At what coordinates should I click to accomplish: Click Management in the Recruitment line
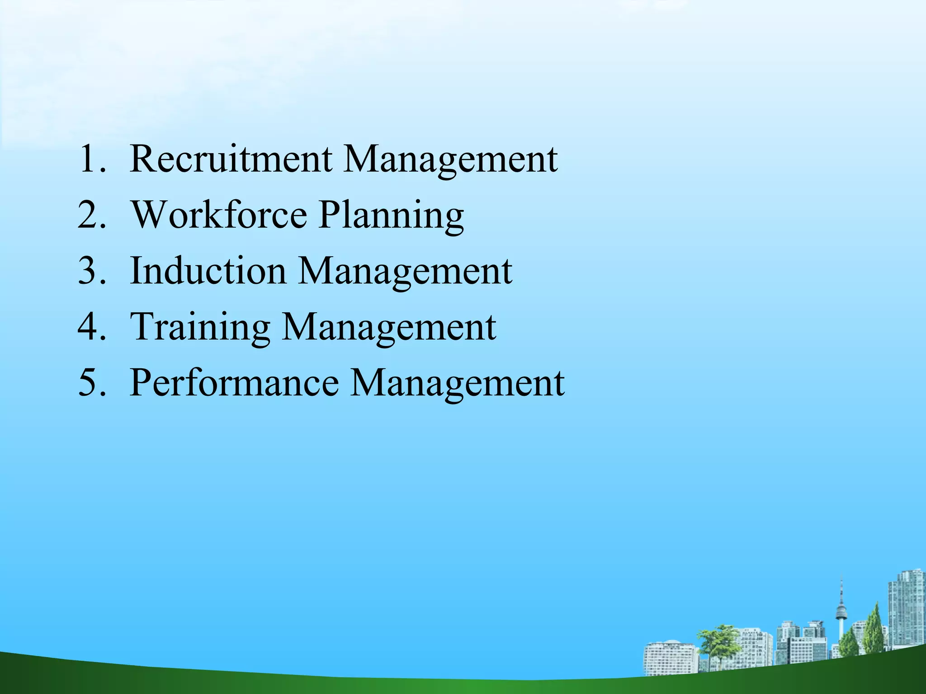tap(450, 160)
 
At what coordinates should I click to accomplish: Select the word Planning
tap(391, 216)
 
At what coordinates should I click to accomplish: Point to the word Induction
tap(208, 271)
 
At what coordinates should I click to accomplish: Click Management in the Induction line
tap(405, 272)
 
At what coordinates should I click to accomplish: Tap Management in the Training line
tap(389, 328)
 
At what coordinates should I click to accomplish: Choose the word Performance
tap(234, 383)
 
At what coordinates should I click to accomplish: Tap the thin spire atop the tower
tap(841, 585)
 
